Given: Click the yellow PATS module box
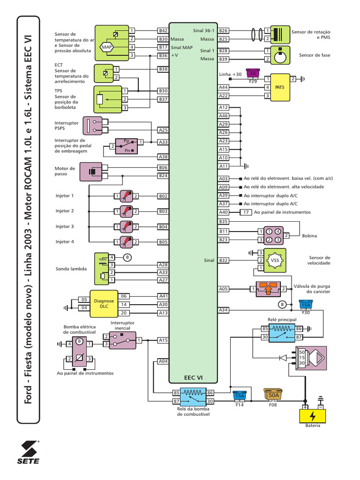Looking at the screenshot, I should (x=279, y=87).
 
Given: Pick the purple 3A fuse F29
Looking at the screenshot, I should (x=253, y=73).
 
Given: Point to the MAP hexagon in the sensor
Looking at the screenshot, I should (x=106, y=47).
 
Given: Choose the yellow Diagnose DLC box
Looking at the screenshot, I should (x=104, y=304).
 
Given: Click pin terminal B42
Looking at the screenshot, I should (x=163, y=31).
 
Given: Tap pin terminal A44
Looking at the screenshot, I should (x=224, y=87).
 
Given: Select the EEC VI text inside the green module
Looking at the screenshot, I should (x=193, y=376).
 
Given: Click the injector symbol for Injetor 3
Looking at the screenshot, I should (x=126, y=226).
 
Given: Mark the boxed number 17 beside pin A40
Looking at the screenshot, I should (x=246, y=212).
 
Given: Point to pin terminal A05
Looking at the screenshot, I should (x=224, y=289).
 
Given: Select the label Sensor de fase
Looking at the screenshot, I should (x=315, y=55).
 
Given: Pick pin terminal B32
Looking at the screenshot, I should (x=224, y=260).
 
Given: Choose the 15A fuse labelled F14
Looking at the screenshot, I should (x=240, y=396).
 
